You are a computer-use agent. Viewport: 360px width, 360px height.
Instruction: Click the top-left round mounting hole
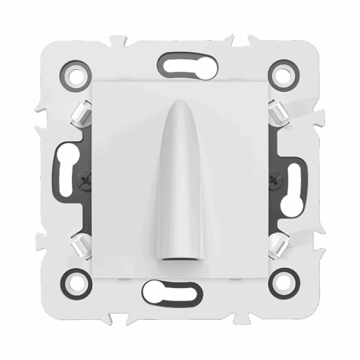(77, 75)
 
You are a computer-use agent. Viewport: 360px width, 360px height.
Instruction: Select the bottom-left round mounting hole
(77, 282)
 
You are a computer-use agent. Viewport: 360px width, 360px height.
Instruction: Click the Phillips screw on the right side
(275, 179)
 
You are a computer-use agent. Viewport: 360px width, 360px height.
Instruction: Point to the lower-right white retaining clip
(276, 245)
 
